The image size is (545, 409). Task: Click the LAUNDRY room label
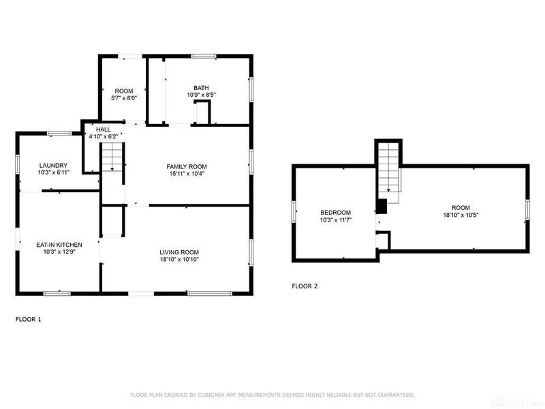pos(54,165)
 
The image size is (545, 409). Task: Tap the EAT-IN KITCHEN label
pos(59,244)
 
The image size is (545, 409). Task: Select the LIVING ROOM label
pos(179,252)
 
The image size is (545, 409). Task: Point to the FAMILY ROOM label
pos(187,166)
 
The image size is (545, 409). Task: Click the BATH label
pos(201,87)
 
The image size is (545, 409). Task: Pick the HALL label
pos(103,129)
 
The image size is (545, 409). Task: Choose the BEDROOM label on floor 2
pos(335,212)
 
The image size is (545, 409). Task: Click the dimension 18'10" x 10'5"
pos(461,215)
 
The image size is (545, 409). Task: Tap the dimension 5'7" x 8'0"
pos(124,98)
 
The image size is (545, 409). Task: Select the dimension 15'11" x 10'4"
pos(187,175)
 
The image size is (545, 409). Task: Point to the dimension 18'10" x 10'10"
pos(179,260)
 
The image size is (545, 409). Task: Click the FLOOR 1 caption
pos(28,318)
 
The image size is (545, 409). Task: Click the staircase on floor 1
pos(113,162)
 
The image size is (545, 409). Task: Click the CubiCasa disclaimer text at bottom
pos(272,395)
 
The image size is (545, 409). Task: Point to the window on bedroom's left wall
pos(294,212)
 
